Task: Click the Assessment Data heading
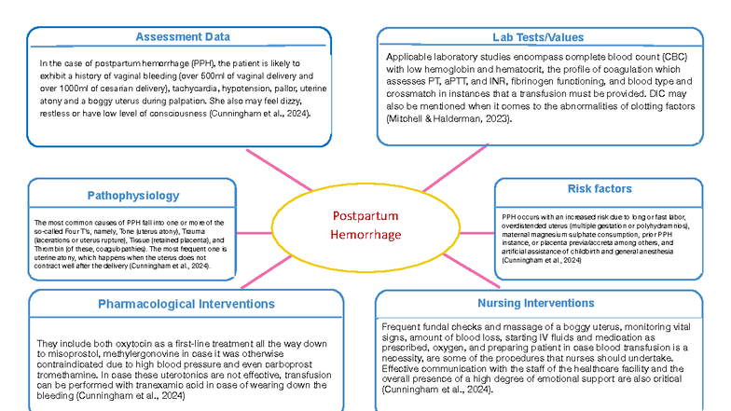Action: coord(183,37)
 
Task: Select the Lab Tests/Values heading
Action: coord(538,37)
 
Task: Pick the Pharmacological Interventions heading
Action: coord(186,303)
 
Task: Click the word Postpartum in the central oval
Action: coord(365,215)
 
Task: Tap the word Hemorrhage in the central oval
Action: coord(365,234)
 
